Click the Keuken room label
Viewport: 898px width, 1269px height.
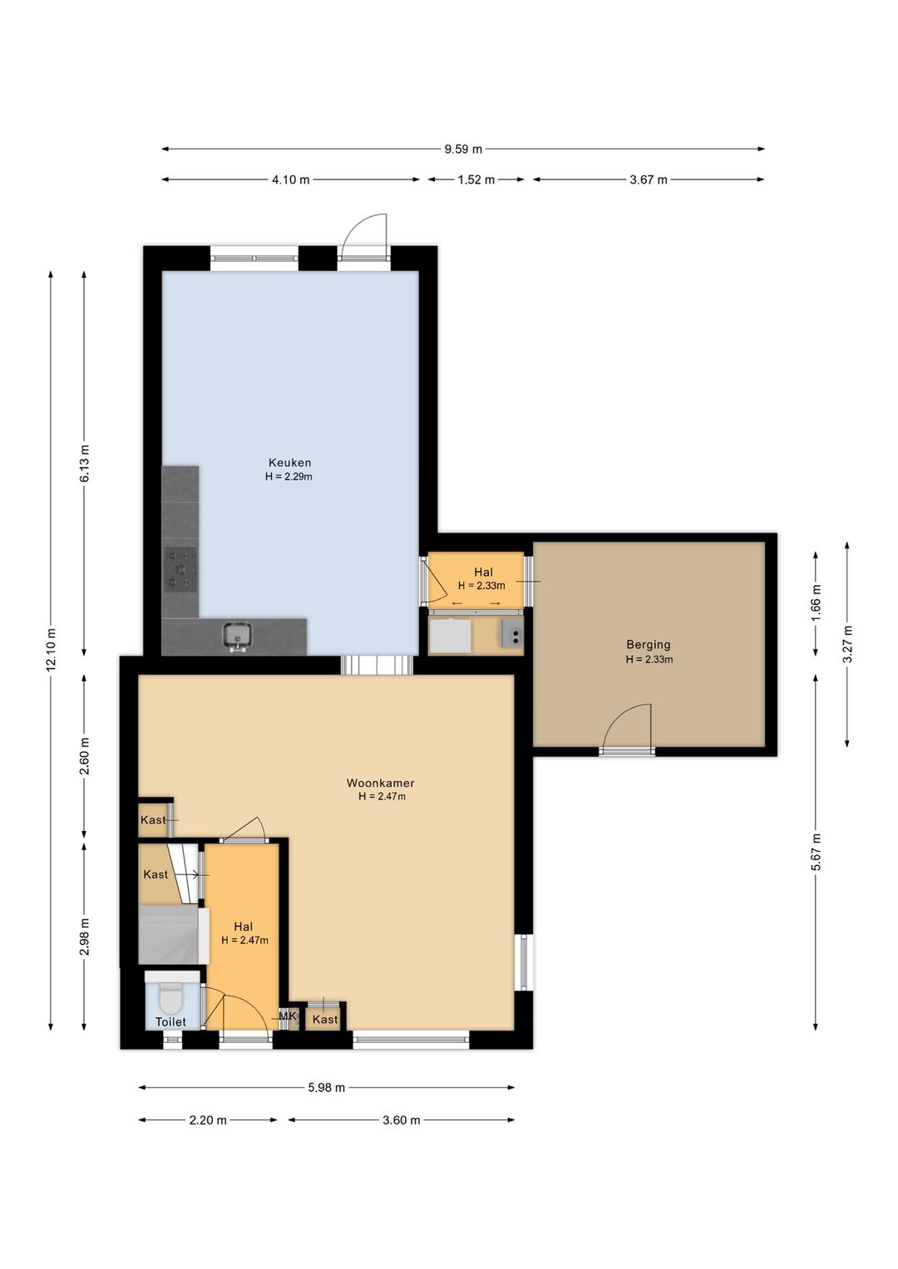pyautogui.click(x=289, y=463)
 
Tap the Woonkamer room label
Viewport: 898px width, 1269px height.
pyautogui.click(x=381, y=784)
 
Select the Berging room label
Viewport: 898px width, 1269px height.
pyautogui.click(x=649, y=645)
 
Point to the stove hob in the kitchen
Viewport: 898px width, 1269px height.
pyautogui.click(x=181, y=569)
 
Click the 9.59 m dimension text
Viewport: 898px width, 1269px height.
pyautogui.click(x=463, y=149)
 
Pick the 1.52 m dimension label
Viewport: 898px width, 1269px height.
pyautogui.click(x=476, y=180)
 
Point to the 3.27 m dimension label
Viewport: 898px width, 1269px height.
pyautogui.click(x=847, y=644)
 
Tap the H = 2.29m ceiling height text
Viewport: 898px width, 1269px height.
pyautogui.click(x=289, y=477)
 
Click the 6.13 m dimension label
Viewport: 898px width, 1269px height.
pyautogui.click(x=85, y=464)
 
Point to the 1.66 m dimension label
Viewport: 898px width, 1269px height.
pyautogui.click(x=816, y=603)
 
